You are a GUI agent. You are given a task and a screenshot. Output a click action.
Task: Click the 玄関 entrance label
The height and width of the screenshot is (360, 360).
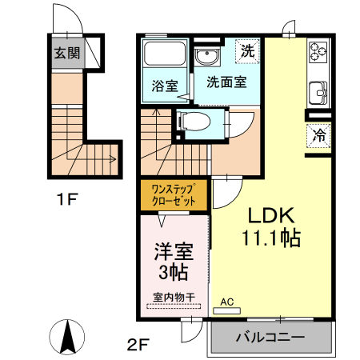67,54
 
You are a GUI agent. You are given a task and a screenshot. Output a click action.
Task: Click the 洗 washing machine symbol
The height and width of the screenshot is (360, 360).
248,51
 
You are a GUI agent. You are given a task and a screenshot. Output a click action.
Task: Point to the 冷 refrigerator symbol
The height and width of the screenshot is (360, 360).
319,134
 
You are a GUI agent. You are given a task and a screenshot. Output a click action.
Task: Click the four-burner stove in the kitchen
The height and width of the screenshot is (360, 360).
318,54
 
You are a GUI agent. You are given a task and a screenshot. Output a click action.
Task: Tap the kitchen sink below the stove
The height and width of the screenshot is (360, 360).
320,94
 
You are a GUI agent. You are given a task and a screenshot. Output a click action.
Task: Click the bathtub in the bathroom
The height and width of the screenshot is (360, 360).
163,56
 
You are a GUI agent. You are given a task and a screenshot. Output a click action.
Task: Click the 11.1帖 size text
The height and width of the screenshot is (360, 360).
270,238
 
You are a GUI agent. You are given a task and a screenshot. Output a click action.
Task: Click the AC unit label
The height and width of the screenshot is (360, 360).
226,302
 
